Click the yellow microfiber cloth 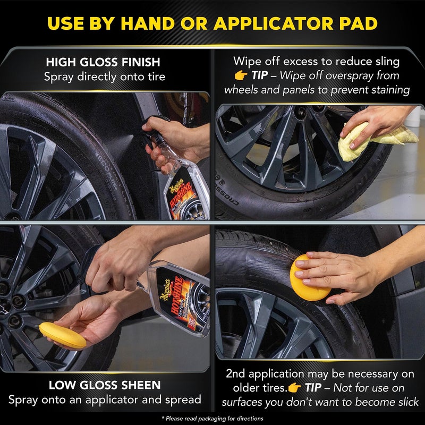click(x=375, y=133)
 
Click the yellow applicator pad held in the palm click(x=63, y=335)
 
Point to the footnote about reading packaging click(x=212, y=418)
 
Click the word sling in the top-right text click(x=387, y=62)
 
